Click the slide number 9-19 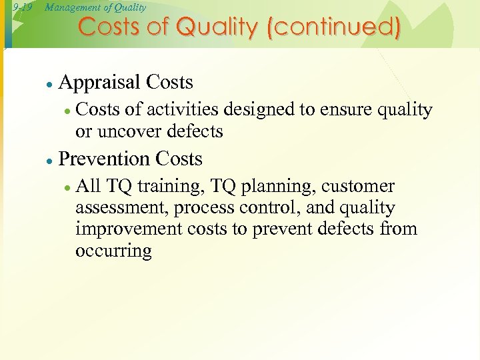point(22,7)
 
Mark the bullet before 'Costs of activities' point(67,111)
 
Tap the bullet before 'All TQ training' point(67,188)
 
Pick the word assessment point(122,208)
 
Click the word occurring point(114,251)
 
